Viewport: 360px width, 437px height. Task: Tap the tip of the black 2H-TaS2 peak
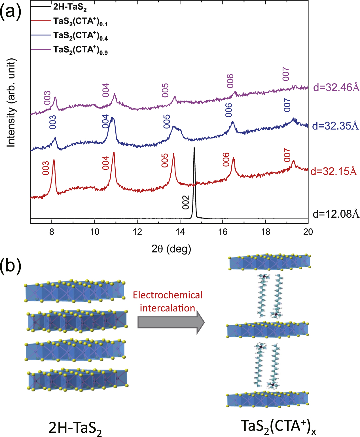coord(194,147)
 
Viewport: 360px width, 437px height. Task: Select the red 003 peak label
coord(46,168)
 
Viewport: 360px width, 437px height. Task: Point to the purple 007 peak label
coord(286,74)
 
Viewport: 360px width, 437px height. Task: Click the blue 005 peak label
coord(167,121)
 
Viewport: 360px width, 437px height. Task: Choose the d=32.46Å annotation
coord(336,88)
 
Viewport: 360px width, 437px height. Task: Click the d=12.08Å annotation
coord(336,214)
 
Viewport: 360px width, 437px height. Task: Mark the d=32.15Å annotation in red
coord(334,171)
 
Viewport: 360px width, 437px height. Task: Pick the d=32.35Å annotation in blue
coord(335,126)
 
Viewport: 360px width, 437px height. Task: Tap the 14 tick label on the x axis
coord(180,232)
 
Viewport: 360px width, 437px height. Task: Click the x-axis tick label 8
coord(52,232)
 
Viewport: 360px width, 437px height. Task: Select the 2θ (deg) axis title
coord(171,249)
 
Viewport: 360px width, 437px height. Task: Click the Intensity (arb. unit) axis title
coord(11,103)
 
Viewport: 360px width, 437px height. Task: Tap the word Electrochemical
coord(168,295)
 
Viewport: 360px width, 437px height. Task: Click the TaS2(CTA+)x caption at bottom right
coord(278,426)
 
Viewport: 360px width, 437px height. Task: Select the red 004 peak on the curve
coord(114,153)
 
